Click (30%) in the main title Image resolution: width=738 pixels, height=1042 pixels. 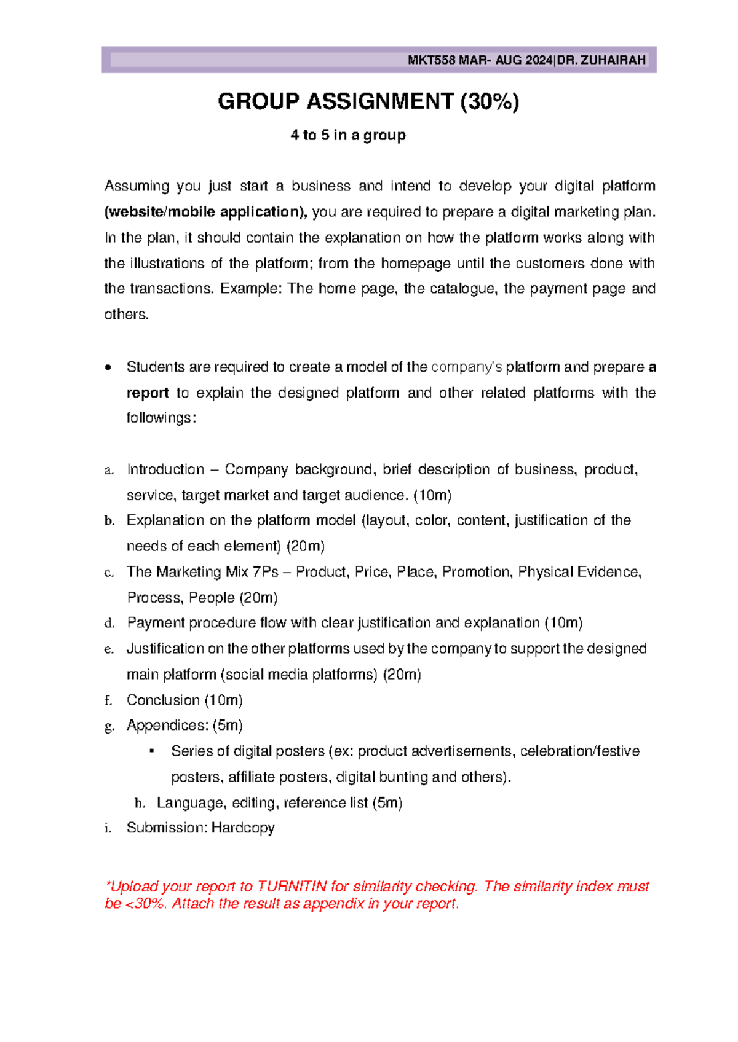click(490, 101)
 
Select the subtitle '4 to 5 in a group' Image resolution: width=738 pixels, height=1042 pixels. click(348, 135)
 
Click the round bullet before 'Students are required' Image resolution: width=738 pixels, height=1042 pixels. click(109, 367)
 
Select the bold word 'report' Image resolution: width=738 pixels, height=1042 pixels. click(148, 393)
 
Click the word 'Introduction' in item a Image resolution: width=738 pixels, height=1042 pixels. click(165, 470)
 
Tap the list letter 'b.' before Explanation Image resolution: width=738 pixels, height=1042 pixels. click(109, 521)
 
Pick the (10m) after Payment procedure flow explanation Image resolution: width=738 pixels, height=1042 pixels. click(563, 623)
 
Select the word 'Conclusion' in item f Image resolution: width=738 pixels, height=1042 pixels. click(163, 700)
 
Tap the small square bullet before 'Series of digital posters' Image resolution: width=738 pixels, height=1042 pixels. click(151, 751)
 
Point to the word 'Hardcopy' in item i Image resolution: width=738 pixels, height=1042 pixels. click(243, 828)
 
